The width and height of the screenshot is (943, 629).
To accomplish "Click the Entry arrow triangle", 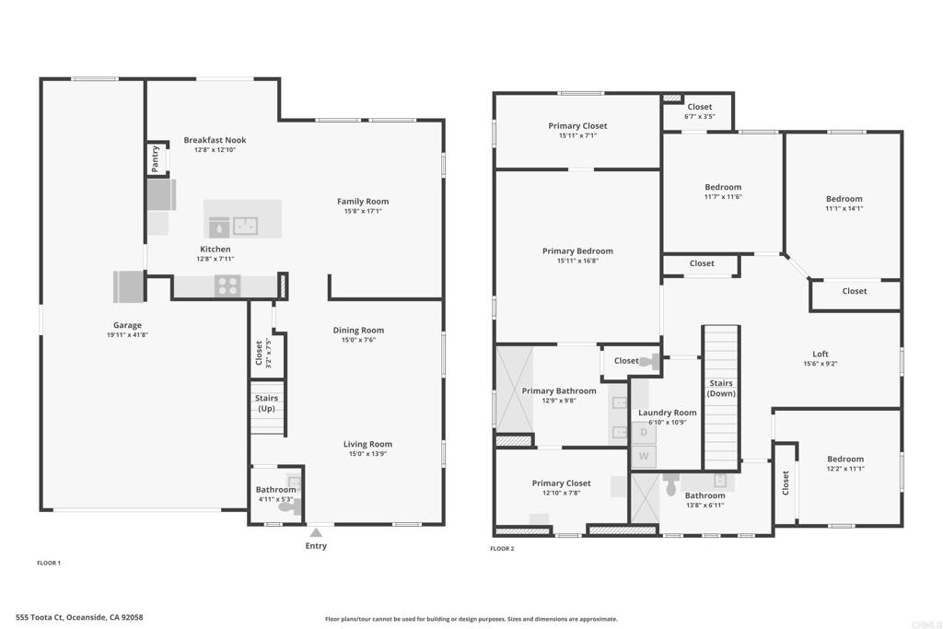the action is click(x=316, y=532).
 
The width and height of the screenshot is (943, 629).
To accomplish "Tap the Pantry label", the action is click(x=155, y=158).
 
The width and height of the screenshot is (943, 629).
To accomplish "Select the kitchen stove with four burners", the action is click(x=228, y=285).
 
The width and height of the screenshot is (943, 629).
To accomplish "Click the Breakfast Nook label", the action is click(x=215, y=140).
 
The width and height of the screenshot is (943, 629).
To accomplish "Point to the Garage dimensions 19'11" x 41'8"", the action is click(x=127, y=335).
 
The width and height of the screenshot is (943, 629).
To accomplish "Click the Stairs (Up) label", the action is click(x=266, y=402).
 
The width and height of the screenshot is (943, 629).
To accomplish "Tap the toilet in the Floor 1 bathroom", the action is click(x=290, y=507).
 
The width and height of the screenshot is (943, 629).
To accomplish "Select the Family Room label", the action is click(x=363, y=202).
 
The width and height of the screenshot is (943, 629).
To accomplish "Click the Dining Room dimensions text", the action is click(x=358, y=340).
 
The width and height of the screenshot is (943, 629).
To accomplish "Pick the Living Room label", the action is click(x=367, y=445).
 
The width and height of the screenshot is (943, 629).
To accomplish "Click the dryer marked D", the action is click(x=644, y=432).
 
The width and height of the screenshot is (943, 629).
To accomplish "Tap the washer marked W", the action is click(x=644, y=456).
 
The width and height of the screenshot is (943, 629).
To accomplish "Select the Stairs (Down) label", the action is click(x=721, y=388).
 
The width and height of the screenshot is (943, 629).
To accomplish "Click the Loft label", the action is click(x=821, y=355).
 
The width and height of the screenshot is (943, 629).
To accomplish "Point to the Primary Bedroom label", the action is click(x=578, y=251).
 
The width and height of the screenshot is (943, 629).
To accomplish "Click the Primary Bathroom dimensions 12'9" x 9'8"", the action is click(x=559, y=401).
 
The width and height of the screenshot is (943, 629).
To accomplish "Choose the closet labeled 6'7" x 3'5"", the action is click(x=700, y=111).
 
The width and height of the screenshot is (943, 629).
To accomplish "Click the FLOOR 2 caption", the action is click(x=502, y=549).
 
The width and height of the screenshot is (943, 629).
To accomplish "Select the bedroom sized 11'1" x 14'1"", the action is click(x=844, y=204).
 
